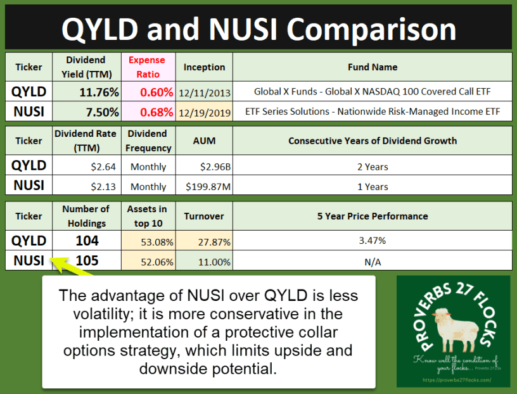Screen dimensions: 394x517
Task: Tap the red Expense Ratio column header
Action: (x=147, y=67)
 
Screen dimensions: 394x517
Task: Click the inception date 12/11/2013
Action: (x=204, y=92)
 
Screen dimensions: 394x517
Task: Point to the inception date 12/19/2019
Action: (x=204, y=113)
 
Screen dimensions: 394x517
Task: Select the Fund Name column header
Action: (x=373, y=67)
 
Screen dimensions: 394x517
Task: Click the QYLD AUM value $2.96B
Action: (x=204, y=167)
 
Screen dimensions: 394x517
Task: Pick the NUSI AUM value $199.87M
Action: (x=204, y=186)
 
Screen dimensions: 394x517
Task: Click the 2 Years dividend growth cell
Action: (x=373, y=167)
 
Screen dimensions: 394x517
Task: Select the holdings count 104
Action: (x=87, y=240)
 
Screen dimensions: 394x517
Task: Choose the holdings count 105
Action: (x=87, y=260)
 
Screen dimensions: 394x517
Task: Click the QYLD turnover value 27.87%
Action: (x=204, y=241)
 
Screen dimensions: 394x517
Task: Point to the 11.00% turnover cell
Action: (x=204, y=260)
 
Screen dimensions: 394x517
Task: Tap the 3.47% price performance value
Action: (x=373, y=241)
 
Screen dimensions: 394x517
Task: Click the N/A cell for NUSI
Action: (x=373, y=260)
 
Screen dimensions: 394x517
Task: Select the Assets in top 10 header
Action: (x=146, y=216)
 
